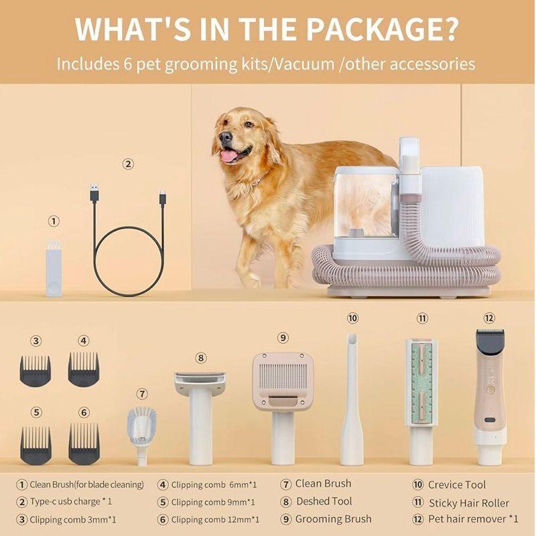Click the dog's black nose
(226, 137)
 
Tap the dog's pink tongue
(228, 156)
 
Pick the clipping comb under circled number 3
(36, 371)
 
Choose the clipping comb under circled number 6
(84, 443)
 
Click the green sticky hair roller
(421, 382)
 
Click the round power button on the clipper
(490, 390)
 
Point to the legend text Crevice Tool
(457, 484)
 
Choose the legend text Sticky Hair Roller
(468, 503)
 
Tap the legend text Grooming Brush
(333, 519)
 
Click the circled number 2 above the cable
(128, 164)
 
